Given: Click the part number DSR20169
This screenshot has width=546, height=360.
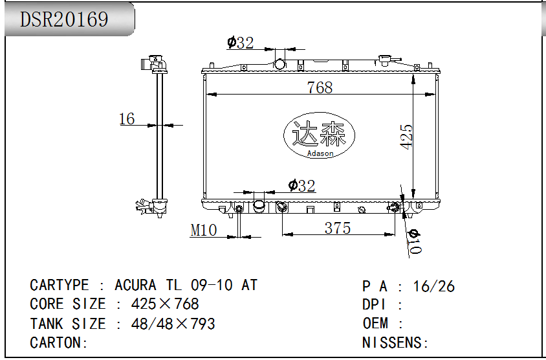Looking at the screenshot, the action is (64, 19).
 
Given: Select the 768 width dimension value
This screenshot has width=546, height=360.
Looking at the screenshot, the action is (320, 87).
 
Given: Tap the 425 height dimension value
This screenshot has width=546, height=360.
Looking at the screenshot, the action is (406, 137).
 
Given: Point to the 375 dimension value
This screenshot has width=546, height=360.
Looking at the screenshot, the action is (338, 229).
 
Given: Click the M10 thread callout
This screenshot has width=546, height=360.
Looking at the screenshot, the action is (204, 230).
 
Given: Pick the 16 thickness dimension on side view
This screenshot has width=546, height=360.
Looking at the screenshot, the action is (127, 119).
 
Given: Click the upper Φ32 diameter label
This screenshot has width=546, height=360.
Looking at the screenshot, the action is (240, 43).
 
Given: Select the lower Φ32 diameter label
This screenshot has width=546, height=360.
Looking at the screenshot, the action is (302, 185).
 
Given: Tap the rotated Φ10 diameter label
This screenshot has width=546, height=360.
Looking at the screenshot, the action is (415, 242).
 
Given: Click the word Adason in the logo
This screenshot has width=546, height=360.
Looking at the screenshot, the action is (320, 153).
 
